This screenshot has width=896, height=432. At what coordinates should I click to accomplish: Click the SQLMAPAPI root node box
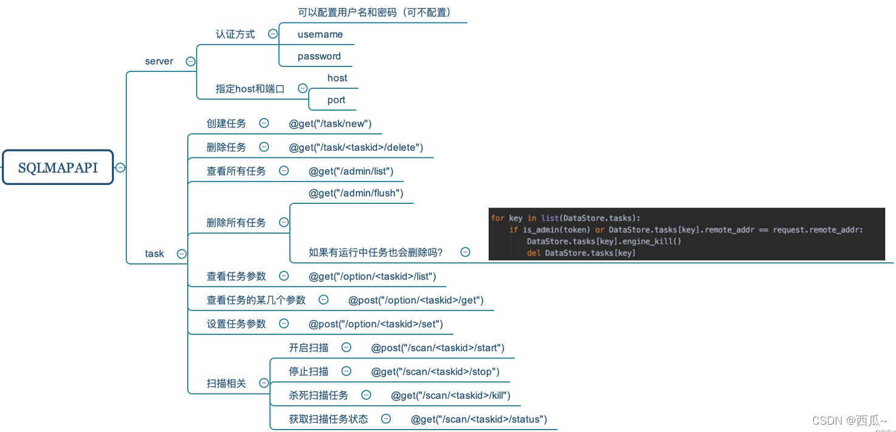[58, 167]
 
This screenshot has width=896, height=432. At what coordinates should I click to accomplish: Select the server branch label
[159, 61]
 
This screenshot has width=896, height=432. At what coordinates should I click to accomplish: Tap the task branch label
[154, 254]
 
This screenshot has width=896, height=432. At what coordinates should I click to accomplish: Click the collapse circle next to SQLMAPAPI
[120, 167]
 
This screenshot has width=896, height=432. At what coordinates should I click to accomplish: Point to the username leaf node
[320, 35]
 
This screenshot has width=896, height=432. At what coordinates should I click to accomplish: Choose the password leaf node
[319, 57]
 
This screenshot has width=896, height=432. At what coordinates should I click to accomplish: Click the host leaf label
[337, 78]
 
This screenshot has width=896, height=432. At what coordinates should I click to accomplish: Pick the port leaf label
[336, 100]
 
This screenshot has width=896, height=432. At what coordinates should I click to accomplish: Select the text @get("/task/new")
[330, 124]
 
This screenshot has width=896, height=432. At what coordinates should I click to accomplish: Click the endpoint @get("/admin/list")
[351, 172]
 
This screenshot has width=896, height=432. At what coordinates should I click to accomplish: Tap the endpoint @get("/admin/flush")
[356, 193]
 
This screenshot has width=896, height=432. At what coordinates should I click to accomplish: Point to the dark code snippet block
[686, 234]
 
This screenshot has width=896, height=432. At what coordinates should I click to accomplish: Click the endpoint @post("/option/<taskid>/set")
[376, 324]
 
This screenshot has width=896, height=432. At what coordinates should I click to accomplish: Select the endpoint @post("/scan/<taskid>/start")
[438, 348]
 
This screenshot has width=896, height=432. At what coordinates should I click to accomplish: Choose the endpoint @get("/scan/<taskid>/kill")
[450, 395]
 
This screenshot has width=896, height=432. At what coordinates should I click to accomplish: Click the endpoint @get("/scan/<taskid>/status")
[479, 419]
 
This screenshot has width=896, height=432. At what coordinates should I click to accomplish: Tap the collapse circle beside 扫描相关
[264, 383]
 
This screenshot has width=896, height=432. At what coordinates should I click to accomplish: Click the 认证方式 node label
[235, 35]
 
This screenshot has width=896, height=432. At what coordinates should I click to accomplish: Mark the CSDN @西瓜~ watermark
[849, 420]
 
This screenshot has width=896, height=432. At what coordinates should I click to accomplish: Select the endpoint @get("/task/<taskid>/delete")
[356, 147]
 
